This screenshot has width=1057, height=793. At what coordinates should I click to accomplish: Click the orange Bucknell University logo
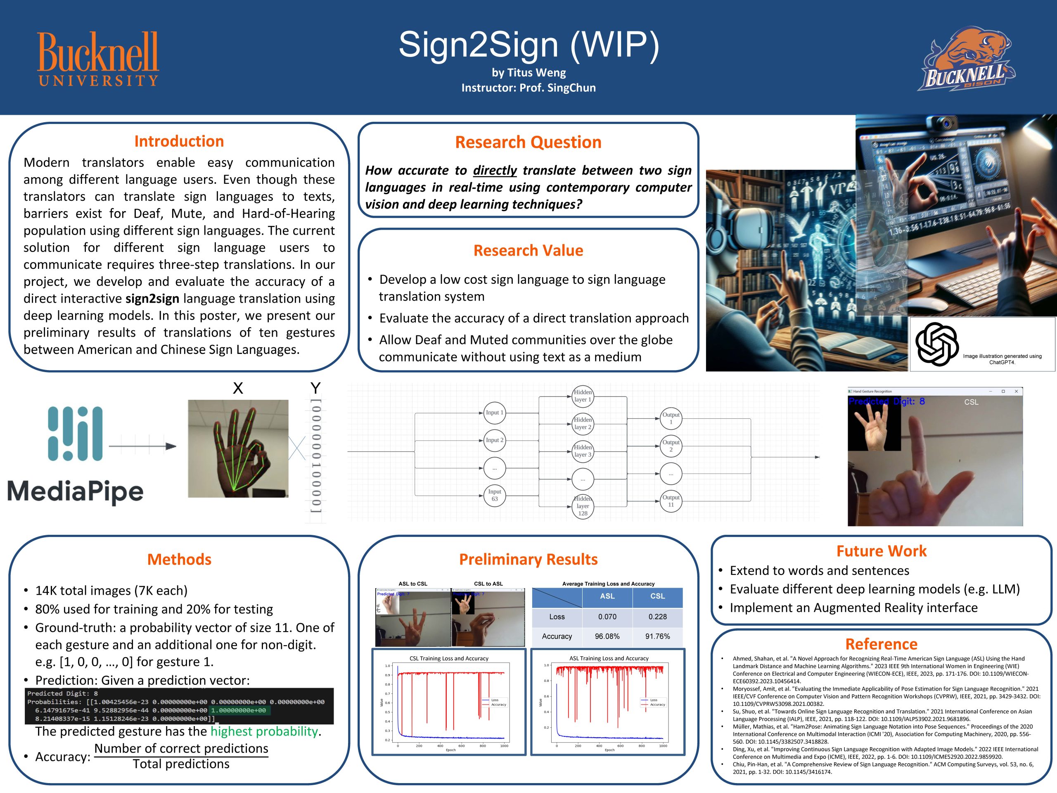click(x=98, y=58)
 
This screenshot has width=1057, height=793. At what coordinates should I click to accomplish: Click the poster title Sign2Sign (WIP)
click(x=528, y=45)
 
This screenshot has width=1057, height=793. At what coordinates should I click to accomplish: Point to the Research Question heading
click(x=528, y=142)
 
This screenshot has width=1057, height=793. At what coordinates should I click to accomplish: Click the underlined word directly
click(x=495, y=170)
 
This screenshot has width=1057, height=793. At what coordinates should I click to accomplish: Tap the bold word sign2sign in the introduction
click(x=152, y=298)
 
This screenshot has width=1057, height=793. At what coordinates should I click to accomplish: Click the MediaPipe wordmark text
click(x=76, y=492)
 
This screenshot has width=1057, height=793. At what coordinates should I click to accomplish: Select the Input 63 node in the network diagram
click(x=495, y=495)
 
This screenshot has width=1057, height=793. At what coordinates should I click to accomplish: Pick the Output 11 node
click(x=671, y=501)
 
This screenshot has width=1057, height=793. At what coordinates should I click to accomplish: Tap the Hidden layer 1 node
click(x=583, y=396)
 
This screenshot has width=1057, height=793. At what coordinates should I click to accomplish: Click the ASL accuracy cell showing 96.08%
click(x=607, y=636)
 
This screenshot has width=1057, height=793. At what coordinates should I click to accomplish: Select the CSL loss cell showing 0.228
click(x=657, y=617)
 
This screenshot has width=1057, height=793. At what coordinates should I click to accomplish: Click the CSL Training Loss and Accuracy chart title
click(x=449, y=658)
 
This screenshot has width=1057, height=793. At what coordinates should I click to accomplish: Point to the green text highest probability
click(x=264, y=731)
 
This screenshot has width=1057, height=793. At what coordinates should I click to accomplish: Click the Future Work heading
click(x=881, y=551)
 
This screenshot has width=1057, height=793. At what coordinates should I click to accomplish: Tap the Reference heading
click(x=881, y=644)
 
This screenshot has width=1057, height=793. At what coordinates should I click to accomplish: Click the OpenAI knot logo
click(x=936, y=344)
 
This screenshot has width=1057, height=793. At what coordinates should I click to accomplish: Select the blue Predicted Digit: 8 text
click(x=886, y=401)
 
